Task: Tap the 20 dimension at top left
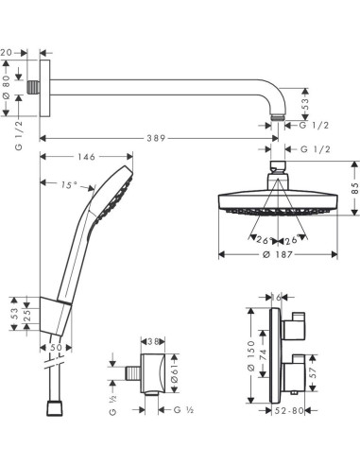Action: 8,53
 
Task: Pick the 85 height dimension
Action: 353,199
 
